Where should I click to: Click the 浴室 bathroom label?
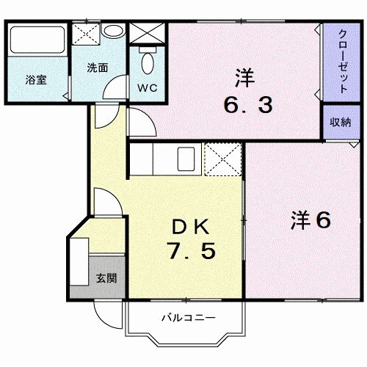pyautogui.click(x=36, y=80)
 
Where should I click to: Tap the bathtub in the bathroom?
pyautogui.click(x=37, y=40)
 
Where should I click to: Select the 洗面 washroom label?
pyautogui.click(x=98, y=68)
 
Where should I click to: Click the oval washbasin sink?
pyautogui.click(x=113, y=31)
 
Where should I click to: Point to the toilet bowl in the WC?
pyautogui.click(x=148, y=63)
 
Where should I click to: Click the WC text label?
pyautogui.click(x=148, y=87)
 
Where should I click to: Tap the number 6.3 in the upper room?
pyautogui.click(x=248, y=105)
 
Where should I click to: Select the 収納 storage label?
pyautogui.click(x=341, y=122)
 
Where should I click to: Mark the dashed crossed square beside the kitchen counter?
pyautogui.click(x=222, y=159)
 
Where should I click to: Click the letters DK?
pyautogui.click(x=191, y=227)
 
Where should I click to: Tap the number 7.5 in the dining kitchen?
pyautogui.click(x=192, y=251)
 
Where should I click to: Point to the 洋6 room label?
pyautogui.click(x=310, y=220)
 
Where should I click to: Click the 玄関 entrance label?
pyautogui.click(x=106, y=278)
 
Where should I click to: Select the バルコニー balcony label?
pyautogui.click(x=189, y=318)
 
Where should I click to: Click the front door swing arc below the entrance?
pyautogui.click(x=104, y=320)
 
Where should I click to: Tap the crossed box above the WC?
pyautogui.click(x=147, y=33)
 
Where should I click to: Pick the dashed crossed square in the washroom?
pyautogui.click(x=87, y=34)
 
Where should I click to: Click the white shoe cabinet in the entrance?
pyautogui.click(x=79, y=261)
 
